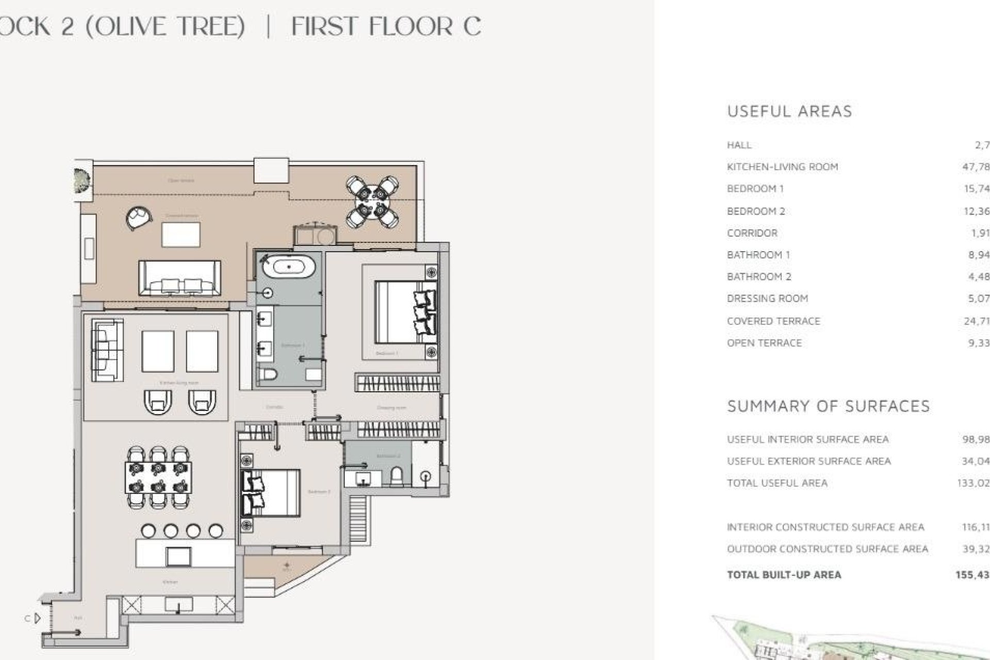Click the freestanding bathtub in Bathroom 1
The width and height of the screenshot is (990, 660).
pos(289,267)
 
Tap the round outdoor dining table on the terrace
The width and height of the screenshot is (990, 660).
pos(372,202)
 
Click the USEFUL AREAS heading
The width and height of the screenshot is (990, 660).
pos(789,111)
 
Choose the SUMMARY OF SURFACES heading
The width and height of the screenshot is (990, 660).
pos(828,406)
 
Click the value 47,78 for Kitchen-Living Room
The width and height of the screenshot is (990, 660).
pos(976,167)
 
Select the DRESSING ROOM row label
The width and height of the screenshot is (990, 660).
pos(767,299)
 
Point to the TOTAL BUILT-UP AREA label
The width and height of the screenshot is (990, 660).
pos(784,575)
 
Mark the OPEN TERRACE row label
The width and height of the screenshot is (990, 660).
pos(764,343)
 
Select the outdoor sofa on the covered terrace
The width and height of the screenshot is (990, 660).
pos(179,277)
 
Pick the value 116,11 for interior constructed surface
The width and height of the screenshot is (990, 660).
pos(975,527)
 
